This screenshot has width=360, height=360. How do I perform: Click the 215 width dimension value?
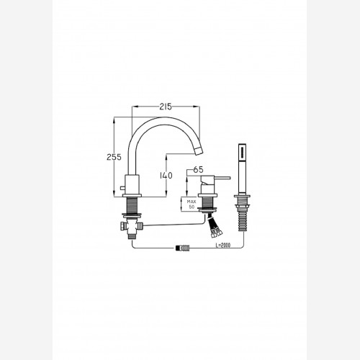(166, 107)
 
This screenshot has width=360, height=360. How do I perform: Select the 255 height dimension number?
(114, 157)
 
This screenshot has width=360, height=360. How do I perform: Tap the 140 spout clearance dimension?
(166, 176)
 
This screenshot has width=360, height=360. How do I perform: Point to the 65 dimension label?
(198, 170)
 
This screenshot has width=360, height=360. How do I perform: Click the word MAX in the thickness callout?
(192, 202)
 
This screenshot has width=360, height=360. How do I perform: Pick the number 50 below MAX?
(192, 207)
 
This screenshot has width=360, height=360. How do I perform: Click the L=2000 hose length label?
(223, 245)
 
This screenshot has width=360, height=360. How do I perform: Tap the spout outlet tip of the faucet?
(199, 151)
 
